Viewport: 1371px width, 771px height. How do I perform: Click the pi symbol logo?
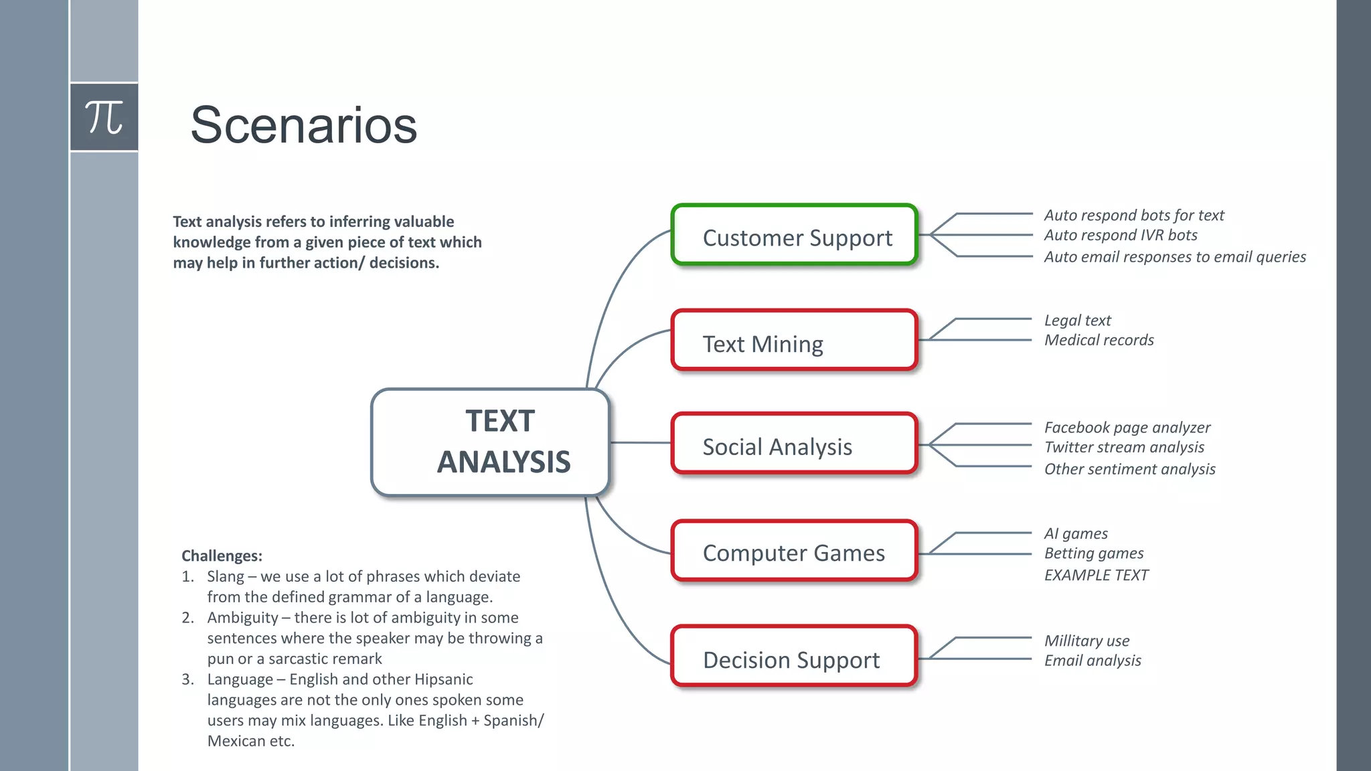point(104,117)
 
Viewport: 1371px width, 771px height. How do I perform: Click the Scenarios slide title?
point(303,125)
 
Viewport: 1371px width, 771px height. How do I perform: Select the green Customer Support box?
point(794,236)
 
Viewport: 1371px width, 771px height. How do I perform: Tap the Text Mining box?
point(794,341)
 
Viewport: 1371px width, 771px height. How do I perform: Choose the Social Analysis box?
point(794,444)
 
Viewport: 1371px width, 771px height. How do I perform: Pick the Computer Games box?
point(794,551)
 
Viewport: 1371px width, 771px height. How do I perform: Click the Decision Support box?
point(794,657)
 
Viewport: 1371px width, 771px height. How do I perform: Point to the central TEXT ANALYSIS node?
point(491,442)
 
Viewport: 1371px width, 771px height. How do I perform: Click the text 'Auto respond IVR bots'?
point(1120,236)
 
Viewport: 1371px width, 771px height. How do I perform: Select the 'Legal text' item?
point(1077,321)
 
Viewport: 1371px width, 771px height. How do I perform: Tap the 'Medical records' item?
point(1099,341)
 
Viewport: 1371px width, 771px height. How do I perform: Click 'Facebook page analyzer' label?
point(1127,428)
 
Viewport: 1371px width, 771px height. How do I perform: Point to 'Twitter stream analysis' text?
point(1124,448)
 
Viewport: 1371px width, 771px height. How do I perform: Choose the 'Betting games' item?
point(1093,553)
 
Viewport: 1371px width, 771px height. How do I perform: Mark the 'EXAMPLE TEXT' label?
point(1096,576)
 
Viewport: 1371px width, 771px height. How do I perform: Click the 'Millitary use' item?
point(1086,641)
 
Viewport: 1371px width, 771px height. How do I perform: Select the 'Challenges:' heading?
point(222,556)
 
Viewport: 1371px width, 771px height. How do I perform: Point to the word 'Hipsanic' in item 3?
point(443,679)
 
